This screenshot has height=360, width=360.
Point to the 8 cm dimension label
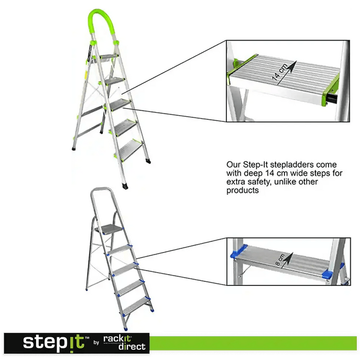pyautogui.click(x=280, y=260)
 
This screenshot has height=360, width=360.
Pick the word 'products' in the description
pyautogui.click(x=242, y=190)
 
